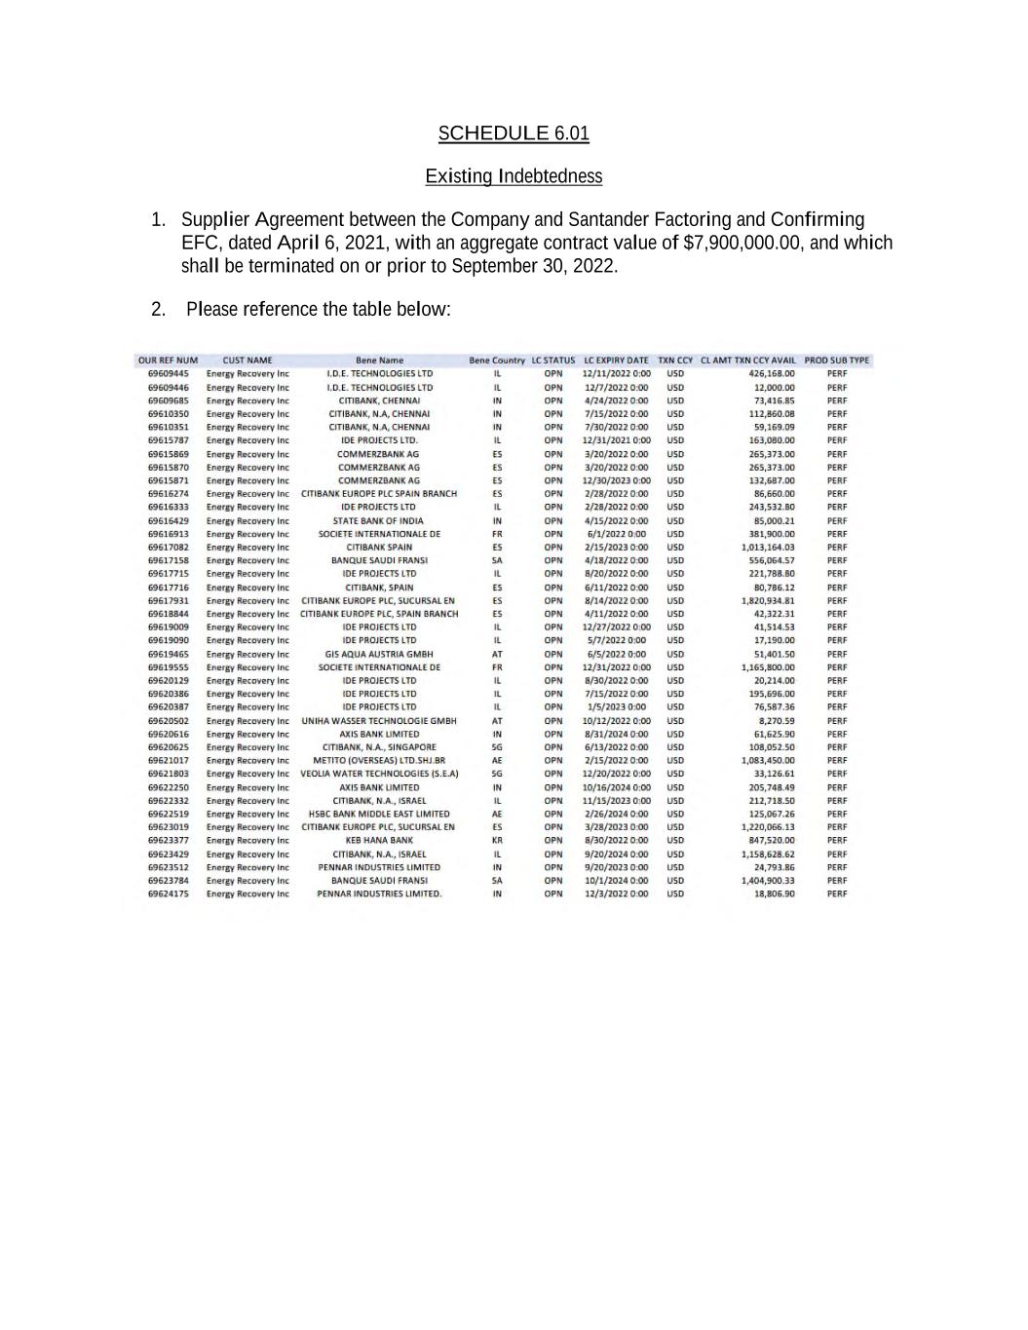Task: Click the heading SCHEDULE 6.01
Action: [514, 133]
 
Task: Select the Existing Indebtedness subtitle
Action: [514, 176]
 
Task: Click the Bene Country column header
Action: [497, 361]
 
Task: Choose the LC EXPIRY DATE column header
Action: [616, 361]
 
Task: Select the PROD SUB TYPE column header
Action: [836, 361]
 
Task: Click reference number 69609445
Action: [169, 373]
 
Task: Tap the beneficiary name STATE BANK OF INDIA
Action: [378, 521]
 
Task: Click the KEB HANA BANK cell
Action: [379, 840]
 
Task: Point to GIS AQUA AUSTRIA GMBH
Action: [379, 655]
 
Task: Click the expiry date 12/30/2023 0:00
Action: [616, 480]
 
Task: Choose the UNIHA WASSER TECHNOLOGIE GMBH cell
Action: [379, 721]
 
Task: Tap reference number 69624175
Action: [169, 893]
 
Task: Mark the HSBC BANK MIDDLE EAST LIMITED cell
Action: [379, 814]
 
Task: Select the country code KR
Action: [497, 840]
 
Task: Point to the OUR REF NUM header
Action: [168, 361]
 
